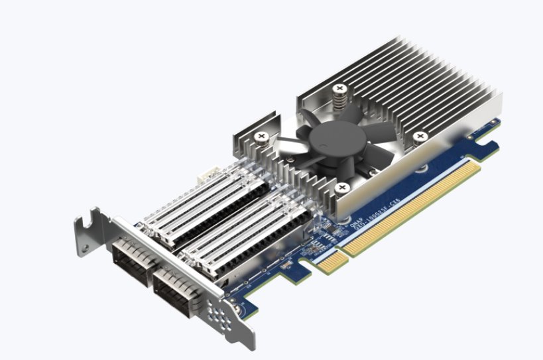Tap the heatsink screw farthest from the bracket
419,137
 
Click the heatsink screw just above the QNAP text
341,188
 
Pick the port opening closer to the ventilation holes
174,289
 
